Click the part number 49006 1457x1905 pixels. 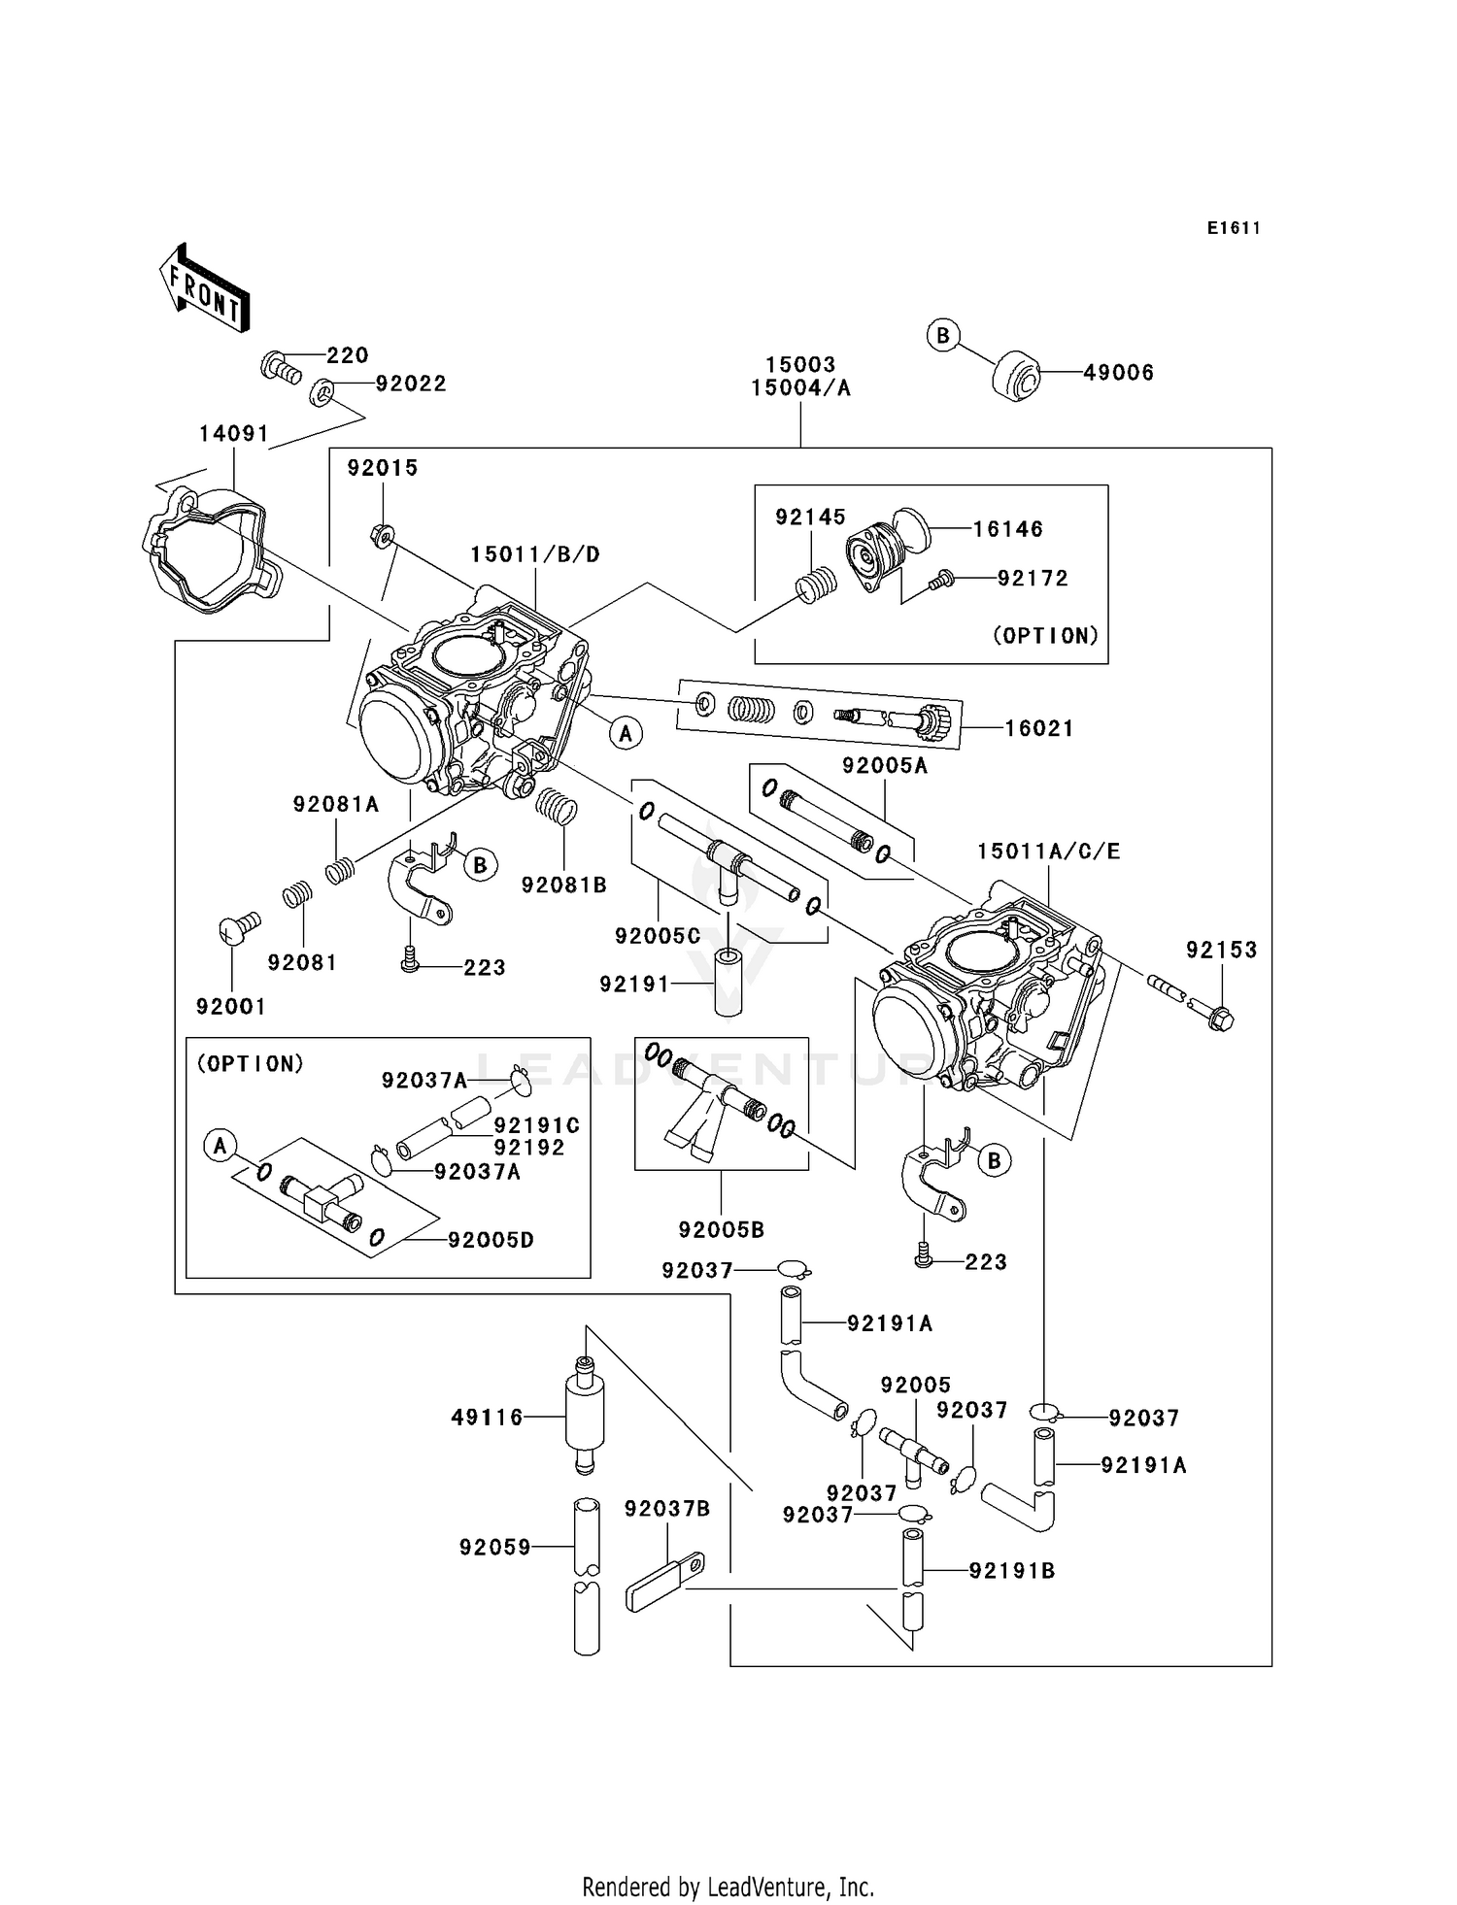[x=1118, y=373]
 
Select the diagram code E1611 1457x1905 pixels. [x=1234, y=228]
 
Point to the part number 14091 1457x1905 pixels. [x=233, y=434]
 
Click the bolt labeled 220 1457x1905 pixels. [x=280, y=368]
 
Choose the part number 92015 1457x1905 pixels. [x=383, y=468]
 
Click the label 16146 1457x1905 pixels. [x=1008, y=529]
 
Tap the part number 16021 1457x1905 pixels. [x=1039, y=728]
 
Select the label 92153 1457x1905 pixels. [x=1221, y=950]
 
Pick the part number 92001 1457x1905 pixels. [x=230, y=1007]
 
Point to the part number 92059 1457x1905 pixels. [x=495, y=1547]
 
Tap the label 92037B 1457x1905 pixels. [x=667, y=1509]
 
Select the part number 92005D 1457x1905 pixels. [x=491, y=1240]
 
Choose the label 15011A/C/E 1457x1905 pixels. [x=1048, y=852]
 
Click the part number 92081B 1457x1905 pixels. [x=563, y=885]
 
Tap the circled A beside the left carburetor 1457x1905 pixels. [x=626, y=734]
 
